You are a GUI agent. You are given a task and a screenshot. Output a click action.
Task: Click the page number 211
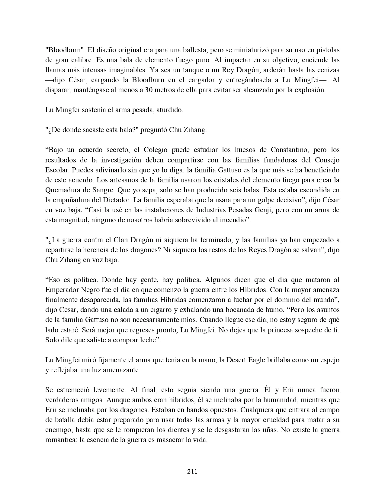click(x=192, y=471)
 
